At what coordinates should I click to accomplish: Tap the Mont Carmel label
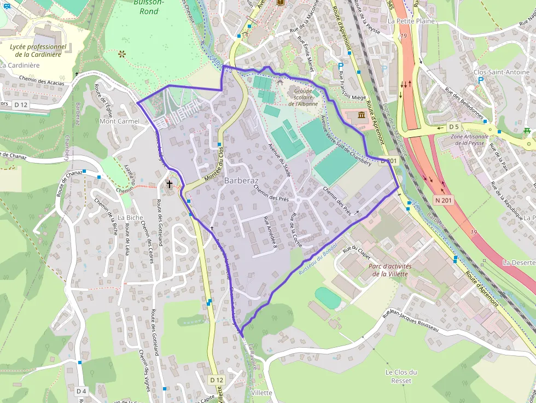120,121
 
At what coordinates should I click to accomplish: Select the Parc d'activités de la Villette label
390,270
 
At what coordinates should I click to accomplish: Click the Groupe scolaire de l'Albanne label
302,97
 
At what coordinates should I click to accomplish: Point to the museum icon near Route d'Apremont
362,115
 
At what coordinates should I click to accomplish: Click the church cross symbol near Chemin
170,184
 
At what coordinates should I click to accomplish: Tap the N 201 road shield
444,201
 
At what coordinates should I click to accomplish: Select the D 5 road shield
453,127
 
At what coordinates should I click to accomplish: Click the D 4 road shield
81,391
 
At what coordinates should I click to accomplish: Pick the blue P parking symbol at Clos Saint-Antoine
481,80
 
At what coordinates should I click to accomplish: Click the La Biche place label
130,217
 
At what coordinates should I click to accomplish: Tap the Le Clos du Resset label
401,376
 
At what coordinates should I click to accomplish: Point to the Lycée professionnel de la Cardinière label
38,50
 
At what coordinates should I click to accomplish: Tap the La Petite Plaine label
411,21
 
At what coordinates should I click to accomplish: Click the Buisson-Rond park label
145,7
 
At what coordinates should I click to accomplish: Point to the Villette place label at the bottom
260,393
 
